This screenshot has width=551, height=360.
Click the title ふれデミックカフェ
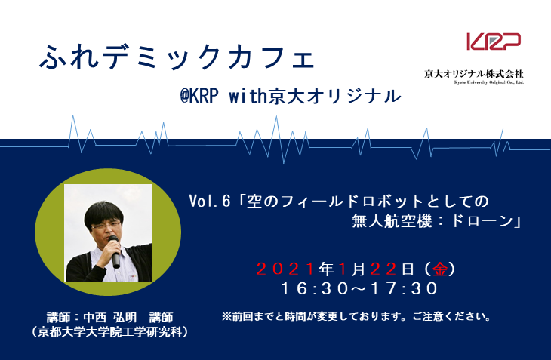pos(175,56)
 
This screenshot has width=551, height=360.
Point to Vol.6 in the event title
pos(209,202)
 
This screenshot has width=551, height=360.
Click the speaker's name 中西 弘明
pos(113,316)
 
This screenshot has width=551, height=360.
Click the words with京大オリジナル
pos(332,96)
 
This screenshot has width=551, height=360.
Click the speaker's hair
pos(105,207)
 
